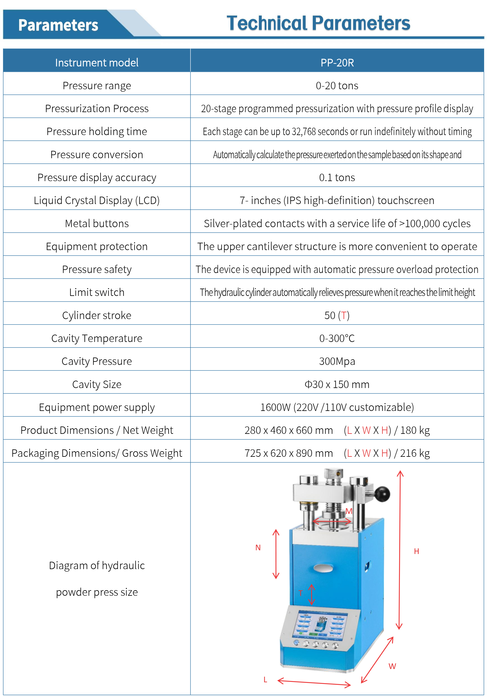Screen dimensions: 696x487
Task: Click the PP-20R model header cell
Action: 337,62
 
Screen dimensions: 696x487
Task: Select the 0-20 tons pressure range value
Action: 337,86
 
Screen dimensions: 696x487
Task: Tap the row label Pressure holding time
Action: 97,132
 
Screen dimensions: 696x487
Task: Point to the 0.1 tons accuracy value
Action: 337,178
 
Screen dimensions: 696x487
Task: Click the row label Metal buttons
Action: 97,224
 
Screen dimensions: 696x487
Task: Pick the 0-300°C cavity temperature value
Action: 337,338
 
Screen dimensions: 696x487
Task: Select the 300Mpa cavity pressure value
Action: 337,361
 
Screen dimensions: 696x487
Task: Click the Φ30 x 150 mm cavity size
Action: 337,384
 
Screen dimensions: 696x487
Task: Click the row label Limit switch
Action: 97,292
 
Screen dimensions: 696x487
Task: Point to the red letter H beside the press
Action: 416,551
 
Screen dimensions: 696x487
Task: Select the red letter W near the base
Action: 392,666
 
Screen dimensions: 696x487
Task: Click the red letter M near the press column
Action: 349,511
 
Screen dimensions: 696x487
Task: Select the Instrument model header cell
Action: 97,62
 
